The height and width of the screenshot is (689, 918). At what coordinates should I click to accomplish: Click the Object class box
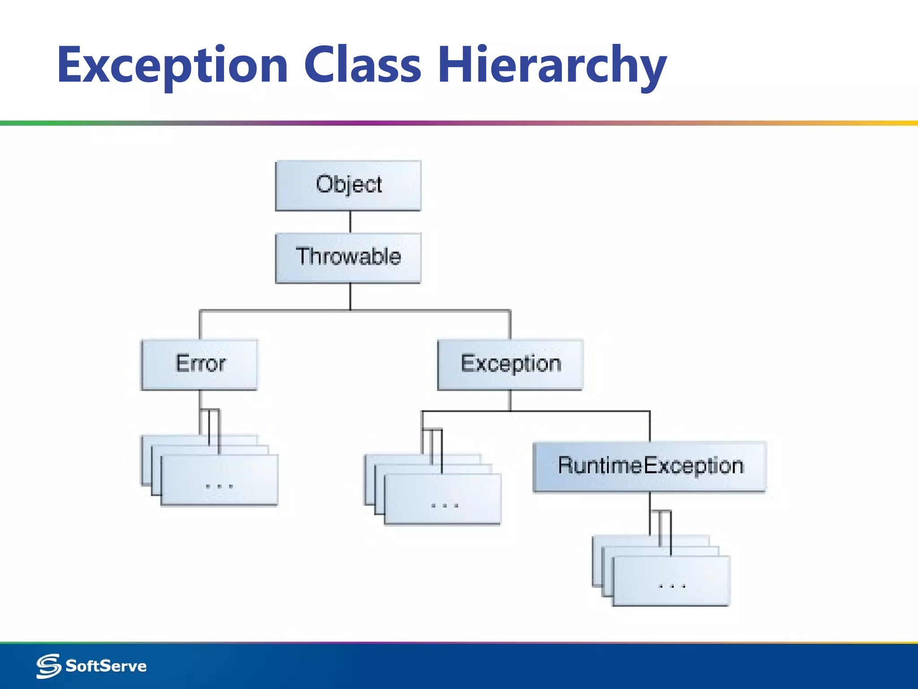click(x=348, y=185)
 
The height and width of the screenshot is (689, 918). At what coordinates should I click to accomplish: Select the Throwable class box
click(x=348, y=257)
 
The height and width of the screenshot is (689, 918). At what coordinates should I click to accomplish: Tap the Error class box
click(x=199, y=364)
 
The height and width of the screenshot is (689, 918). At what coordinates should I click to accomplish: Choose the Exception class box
click(x=510, y=364)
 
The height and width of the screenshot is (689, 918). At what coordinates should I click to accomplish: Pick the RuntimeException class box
click(x=650, y=467)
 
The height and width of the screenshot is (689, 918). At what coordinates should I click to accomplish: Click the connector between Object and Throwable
click(x=350, y=222)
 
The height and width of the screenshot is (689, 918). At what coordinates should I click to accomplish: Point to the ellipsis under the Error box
click(x=219, y=486)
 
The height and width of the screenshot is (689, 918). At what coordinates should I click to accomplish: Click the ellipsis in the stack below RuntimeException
click(x=671, y=586)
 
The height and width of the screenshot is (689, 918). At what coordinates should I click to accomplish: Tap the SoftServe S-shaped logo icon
click(x=48, y=666)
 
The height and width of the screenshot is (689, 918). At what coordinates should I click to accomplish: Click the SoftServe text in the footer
click(x=106, y=666)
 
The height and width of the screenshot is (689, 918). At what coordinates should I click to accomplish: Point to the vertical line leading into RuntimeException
click(x=650, y=426)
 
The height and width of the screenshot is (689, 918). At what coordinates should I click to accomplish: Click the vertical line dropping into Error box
click(x=200, y=325)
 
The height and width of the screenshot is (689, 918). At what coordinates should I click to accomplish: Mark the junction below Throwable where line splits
click(x=350, y=310)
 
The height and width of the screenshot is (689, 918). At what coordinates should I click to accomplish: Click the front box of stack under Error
click(x=219, y=480)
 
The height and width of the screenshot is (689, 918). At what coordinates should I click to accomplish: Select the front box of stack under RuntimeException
click(x=671, y=581)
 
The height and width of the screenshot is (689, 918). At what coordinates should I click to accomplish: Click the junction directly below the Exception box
click(x=510, y=411)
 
